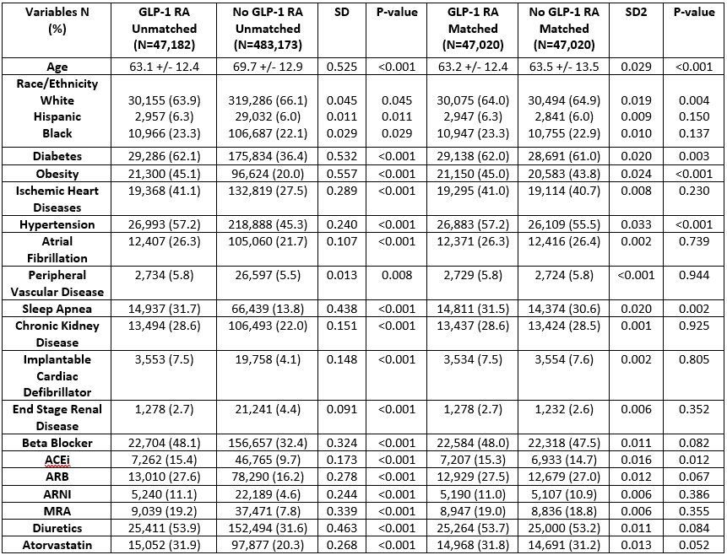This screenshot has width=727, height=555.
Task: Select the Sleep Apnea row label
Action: point(57,309)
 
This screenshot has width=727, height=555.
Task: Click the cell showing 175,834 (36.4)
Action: point(269,157)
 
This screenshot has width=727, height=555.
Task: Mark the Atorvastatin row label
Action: point(57,544)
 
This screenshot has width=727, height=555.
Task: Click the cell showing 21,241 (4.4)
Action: point(269,409)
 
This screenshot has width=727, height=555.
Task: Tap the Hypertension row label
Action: point(57,224)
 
